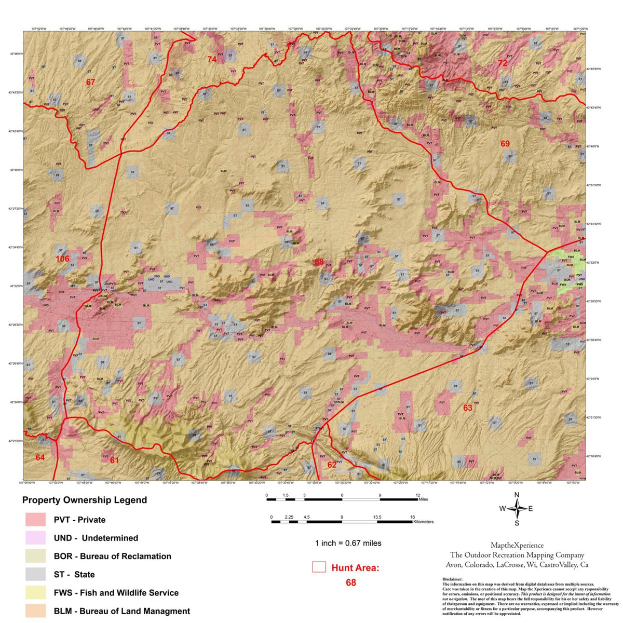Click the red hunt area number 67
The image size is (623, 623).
tap(91, 82)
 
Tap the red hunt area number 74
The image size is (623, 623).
tap(212, 59)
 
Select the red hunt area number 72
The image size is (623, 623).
tap(502, 63)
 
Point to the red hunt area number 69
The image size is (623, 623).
tap(505, 144)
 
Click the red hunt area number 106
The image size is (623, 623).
tap(62, 259)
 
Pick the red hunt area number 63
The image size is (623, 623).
tap(468, 408)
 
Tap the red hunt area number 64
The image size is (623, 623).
tap(40, 457)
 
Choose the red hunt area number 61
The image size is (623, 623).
tap(114, 460)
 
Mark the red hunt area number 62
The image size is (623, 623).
tap(332, 465)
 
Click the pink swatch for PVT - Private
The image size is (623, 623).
tap(36, 520)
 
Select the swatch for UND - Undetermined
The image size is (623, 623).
tap(36, 538)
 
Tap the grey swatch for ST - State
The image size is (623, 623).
tap(36, 574)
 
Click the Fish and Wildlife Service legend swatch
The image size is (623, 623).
tap(36, 592)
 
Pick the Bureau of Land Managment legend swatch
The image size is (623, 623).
tap(36, 611)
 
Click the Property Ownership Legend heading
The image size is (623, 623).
tap(85, 500)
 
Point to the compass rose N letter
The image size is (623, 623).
tap(517, 495)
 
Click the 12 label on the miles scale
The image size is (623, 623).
tap(418, 495)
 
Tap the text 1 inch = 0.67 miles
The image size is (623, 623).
tap(348, 543)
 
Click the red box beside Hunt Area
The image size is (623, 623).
tap(319, 567)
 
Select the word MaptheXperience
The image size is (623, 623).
tap(517, 545)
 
